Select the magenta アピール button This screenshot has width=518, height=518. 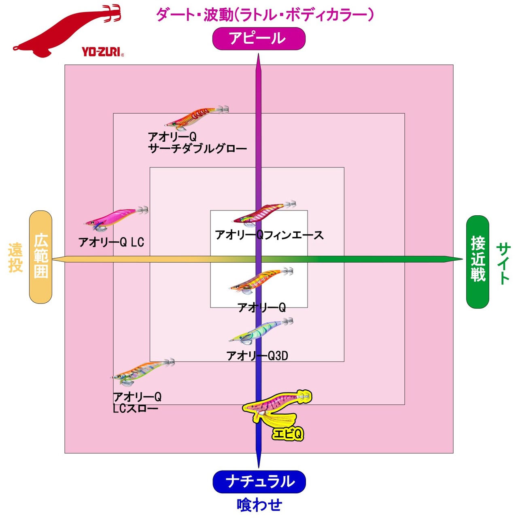[x=259, y=39]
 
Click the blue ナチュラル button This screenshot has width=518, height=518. [x=259, y=482]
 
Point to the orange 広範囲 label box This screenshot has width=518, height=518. [x=41, y=257]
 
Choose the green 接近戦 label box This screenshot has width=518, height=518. [x=478, y=261]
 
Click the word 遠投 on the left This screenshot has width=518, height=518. [x=15, y=257]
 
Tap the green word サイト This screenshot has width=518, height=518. [x=503, y=263]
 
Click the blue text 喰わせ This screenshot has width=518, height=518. [x=259, y=505]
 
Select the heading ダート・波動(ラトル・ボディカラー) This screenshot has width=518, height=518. [x=265, y=15]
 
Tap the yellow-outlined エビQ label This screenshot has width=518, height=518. [x=288, y=434]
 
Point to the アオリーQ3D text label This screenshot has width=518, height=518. [x=257, y=356]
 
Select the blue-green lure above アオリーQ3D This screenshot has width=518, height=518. [x=261, y=330]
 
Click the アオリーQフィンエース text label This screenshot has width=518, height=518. [x=269, y=235]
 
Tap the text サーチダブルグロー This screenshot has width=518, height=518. [x=197, y=149]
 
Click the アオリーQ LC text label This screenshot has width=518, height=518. [x=111, y=242]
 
